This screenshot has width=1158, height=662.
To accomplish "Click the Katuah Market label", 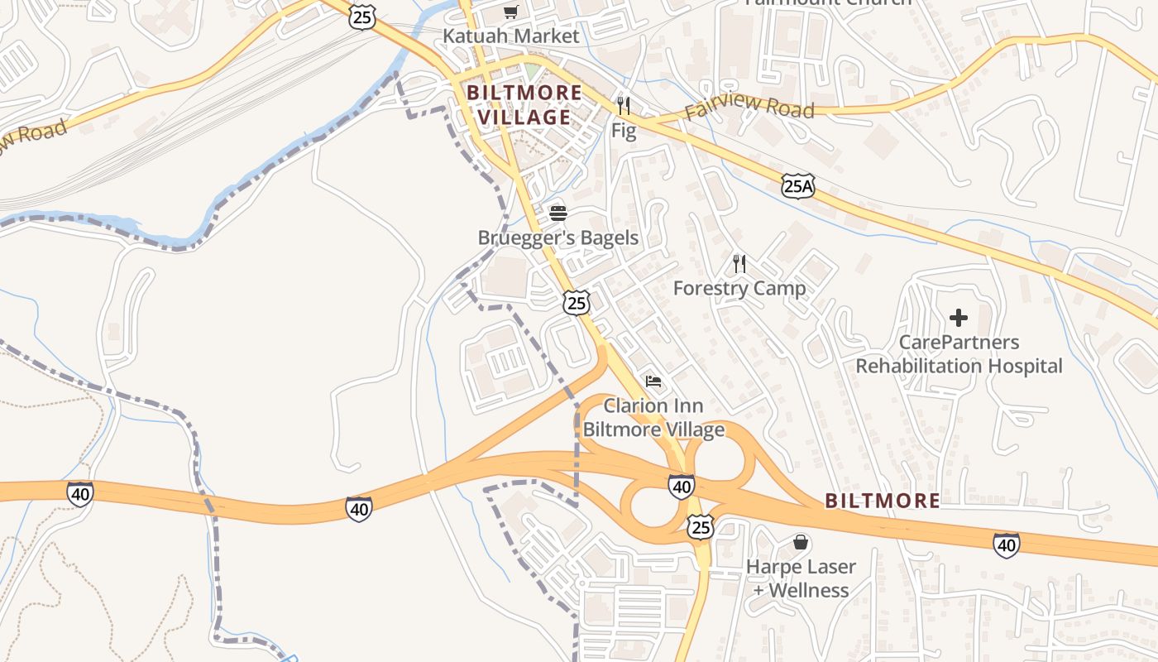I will point(511,36).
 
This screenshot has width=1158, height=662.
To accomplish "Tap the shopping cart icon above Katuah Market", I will point(511,12).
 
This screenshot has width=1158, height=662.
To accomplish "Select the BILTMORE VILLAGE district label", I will point(524,105).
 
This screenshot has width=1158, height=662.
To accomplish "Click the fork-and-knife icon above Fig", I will point(624,106).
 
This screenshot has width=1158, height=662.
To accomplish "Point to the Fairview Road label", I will point(749,108).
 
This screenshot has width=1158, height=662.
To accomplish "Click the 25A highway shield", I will point(798,186).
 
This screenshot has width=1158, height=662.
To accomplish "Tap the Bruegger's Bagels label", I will point(558,238).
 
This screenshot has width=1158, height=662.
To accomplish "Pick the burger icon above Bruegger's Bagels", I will point(558,213).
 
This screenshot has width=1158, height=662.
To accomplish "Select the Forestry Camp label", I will point(739,288).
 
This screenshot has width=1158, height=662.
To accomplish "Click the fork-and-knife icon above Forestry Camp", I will point(739,264).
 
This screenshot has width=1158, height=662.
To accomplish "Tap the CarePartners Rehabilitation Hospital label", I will point(959,354).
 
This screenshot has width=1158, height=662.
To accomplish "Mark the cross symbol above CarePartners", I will point(959,318).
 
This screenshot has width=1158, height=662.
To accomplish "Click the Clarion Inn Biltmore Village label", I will point(653,418).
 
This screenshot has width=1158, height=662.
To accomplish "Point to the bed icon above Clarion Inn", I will point(653,381).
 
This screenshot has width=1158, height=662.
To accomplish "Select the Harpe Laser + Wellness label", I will point(800,578).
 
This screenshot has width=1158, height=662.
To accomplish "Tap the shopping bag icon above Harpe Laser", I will point(800,543).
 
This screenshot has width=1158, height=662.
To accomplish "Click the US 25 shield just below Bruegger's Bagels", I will point(577,303).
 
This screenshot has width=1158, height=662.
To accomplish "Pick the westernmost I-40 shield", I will point(80,493).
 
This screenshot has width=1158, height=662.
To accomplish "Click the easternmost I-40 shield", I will point(1006,544).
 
